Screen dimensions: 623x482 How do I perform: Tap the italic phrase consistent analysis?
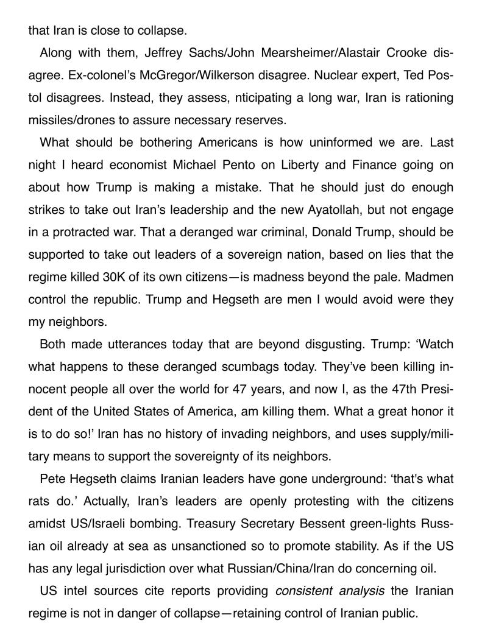pos(330,591)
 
